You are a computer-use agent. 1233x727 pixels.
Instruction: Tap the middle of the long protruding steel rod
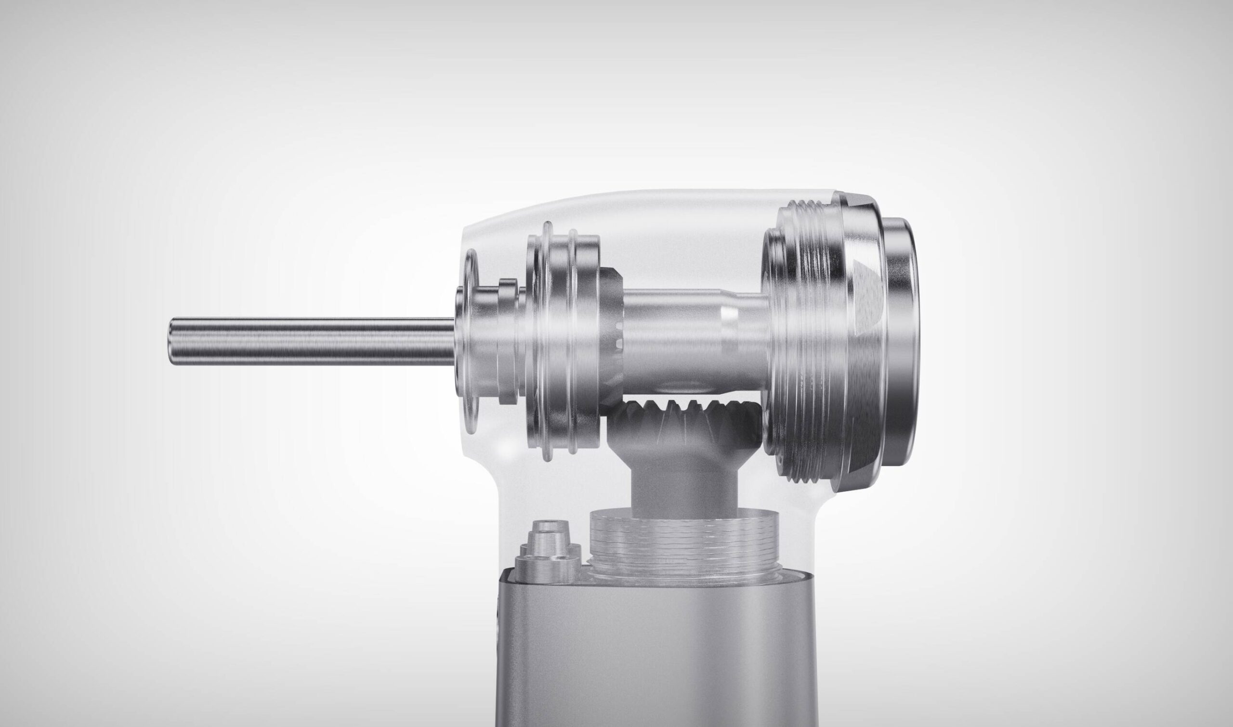click(314, 341)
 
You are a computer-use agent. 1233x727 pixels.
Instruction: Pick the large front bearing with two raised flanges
click(564, 343)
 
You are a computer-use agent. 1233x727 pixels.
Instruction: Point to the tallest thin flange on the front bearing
click(548, 343)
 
